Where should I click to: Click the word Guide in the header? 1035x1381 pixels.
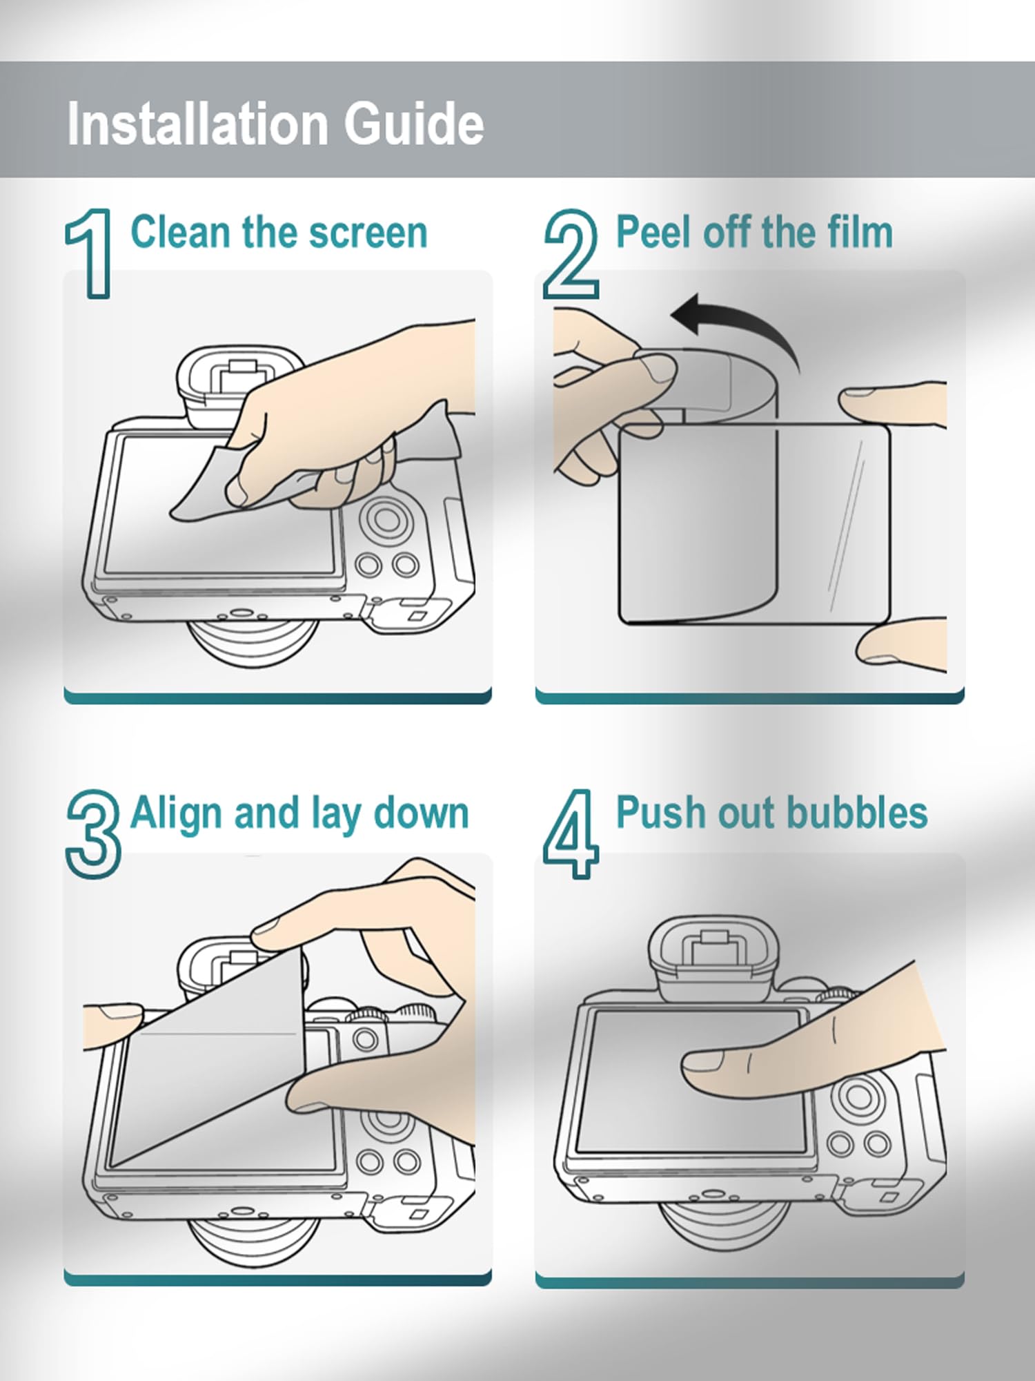tap(414, 124)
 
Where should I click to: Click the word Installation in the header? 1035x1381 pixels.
tap(197, 124)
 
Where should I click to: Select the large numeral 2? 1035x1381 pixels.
tap(571, 253)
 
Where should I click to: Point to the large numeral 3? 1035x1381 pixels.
tap(93, 834)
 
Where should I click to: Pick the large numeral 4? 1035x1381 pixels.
tap(571, 834)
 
